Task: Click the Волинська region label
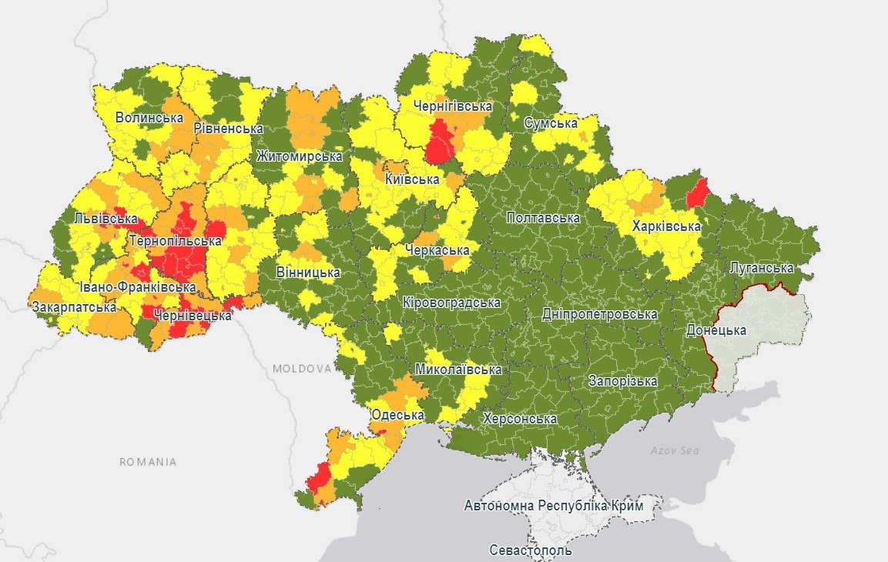149,118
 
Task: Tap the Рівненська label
229,129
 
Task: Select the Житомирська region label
300,156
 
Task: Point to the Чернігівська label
452,106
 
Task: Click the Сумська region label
551,123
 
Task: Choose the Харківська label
666,226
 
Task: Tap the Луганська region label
761,268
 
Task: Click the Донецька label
716,330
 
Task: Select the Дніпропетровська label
600,314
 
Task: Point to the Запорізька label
622,381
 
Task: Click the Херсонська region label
519,419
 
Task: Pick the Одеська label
397,415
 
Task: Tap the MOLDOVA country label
301,369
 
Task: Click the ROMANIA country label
148,462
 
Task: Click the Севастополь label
531,550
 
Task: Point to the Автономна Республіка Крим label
553,506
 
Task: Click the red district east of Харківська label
697,192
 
